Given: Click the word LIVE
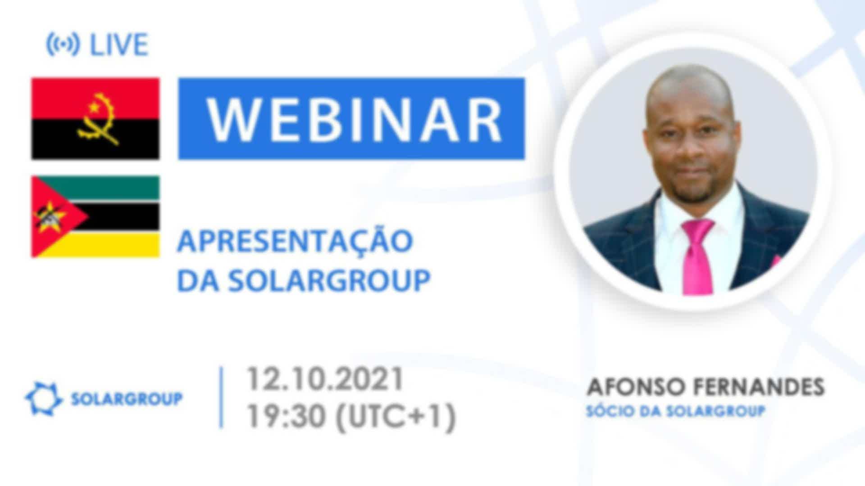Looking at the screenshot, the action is [x=119, y=45].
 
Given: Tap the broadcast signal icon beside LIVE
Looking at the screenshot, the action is [x=63, y=45].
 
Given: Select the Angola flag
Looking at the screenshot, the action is [x=95, y=119].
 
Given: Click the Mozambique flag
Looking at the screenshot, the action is [x=95, y=216].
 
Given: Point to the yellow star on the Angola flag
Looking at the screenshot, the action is [x=94, y=107].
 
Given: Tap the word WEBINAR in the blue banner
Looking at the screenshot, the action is [x=355, y=119].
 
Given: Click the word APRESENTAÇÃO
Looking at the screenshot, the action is [x=295, y=241].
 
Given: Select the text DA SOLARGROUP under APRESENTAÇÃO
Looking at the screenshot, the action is [x=304, y=280].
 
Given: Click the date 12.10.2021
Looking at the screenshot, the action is [x=324, y=379].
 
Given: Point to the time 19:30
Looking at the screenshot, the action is [x=286, y=416].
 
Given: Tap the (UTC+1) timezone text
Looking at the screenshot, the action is [x=396, y=417].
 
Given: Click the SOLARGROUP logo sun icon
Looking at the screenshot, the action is [x=43, y=399].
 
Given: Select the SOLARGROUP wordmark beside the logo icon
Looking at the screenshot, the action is [x=127, y=399].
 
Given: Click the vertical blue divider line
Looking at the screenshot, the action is [x=221, y=397].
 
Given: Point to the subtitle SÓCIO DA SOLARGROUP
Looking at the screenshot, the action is [x=676, y=411].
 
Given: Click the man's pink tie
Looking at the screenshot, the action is [x=697, y=256].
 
